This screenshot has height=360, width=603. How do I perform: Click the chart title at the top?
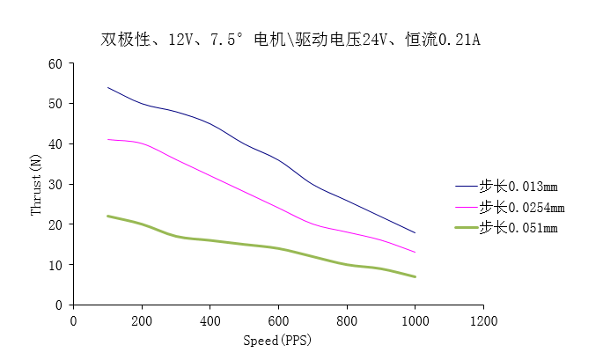[290, 40]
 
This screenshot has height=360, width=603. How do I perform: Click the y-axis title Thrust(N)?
[36, 184]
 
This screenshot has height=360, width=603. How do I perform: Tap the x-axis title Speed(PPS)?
[277, 340]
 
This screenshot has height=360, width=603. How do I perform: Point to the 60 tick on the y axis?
[55, 63]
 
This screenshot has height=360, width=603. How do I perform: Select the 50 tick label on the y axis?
[55, 104]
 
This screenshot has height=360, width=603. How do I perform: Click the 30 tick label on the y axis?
[55, 184]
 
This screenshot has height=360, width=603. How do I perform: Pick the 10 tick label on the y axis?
[55, 265]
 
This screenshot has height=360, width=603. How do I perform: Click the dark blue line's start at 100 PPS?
[107, 87]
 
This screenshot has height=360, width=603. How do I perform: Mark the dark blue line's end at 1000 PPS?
[415, 232]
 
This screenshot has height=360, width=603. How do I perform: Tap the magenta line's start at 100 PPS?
[107, 139]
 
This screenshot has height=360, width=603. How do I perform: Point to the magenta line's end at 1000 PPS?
[415, 253]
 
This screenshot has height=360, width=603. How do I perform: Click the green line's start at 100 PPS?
[107, 216]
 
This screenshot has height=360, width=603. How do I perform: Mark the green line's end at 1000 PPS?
[415, 276]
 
